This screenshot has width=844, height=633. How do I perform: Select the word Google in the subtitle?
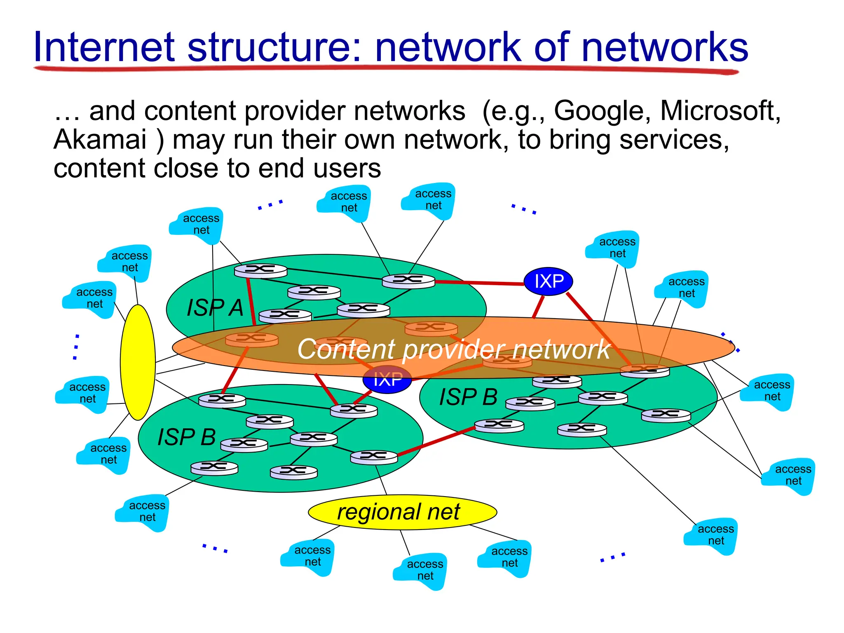[602, 111]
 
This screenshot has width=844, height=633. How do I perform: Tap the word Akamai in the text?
[100, 139]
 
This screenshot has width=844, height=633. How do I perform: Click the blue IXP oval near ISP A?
[549, 281]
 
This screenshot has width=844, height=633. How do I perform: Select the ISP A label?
[215, 308]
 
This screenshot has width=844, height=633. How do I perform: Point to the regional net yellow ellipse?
[402, 512]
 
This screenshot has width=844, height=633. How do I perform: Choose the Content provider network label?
[453, 349]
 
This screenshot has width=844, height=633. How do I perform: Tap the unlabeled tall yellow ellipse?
[138, 362]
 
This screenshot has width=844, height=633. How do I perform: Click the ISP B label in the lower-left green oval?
[187, 437]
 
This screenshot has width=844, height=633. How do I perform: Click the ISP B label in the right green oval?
[468, 397]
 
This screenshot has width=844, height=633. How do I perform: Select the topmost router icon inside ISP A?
[260, 270]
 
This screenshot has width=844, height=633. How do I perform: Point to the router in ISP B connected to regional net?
[374, 457]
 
